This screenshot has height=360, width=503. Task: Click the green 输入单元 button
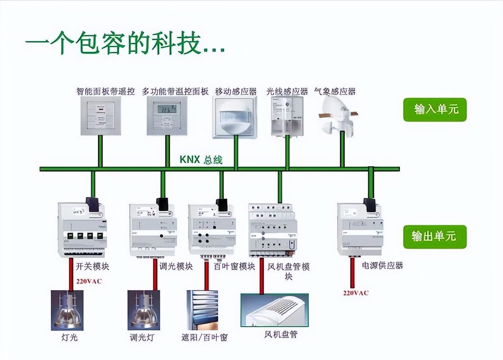tap(435, 110)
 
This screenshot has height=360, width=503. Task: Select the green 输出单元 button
tap(435, 237)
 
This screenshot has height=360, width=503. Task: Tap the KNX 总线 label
tap(201, 159)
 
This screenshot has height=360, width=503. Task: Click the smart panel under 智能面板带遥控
tap(101, 115)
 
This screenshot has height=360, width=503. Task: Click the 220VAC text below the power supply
tap(356, 293)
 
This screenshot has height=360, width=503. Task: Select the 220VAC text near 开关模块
tap(89, 281)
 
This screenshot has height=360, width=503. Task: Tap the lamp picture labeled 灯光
tap(67, 310)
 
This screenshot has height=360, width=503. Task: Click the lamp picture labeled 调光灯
tap(144, 310)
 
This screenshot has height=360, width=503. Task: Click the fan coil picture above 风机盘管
tap(275, 310)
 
